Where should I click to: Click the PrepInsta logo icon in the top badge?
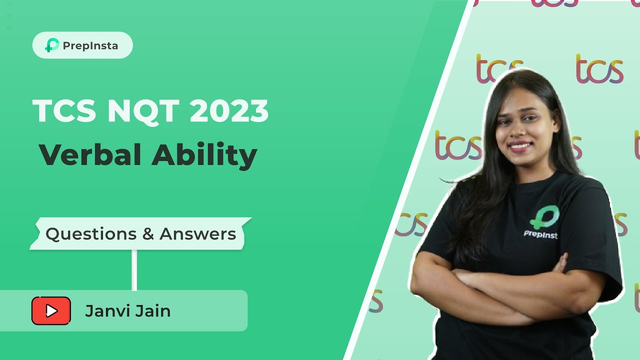52,45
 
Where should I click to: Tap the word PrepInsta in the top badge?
90,45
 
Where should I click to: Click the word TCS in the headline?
64,111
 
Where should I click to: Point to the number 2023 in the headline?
229,111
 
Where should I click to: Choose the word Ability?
204,156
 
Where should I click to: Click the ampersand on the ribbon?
148,234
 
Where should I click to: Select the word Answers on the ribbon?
198,234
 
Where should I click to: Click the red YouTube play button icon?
51,311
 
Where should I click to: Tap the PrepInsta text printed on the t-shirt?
540,234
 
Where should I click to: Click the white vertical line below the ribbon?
134,270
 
